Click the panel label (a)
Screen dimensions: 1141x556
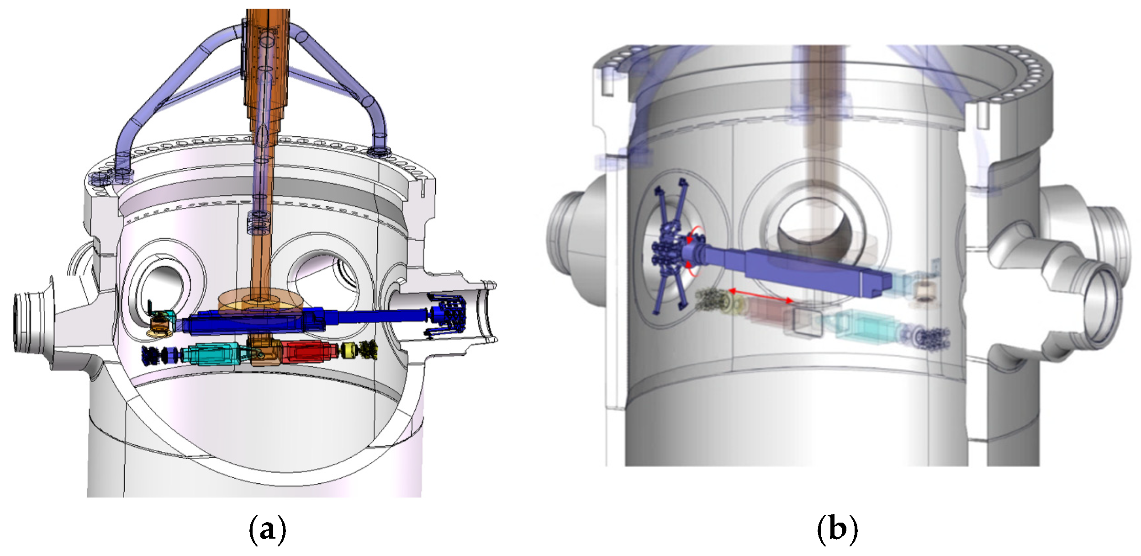268,529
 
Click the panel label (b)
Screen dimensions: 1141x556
837,529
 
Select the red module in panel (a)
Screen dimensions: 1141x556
309,352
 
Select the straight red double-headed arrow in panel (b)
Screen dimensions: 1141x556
761,295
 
